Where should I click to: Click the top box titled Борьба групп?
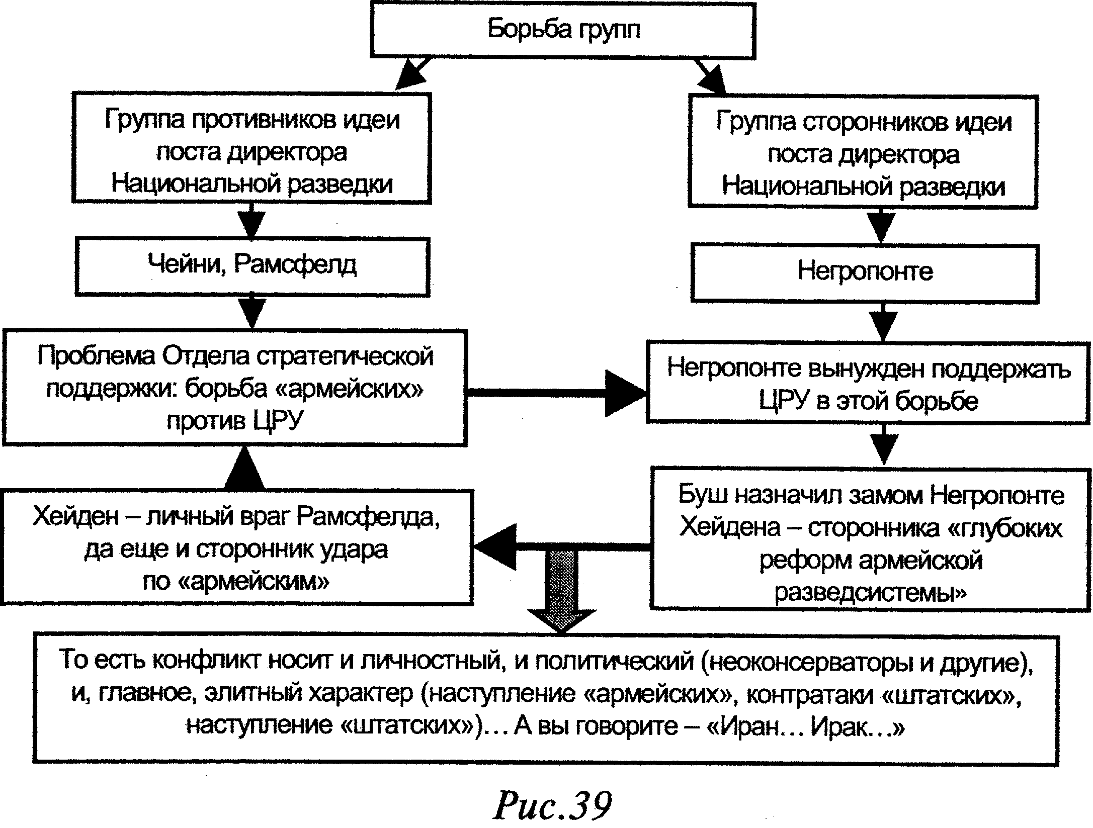pyautogui.click(x=563, y=30)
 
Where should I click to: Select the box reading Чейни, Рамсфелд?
pyautogui.click(x=252, y=265)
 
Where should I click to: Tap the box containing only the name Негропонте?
pyautogui.click(x=865, y=272)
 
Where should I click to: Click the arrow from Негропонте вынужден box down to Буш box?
pyautogui.click(x=883, y=445)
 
